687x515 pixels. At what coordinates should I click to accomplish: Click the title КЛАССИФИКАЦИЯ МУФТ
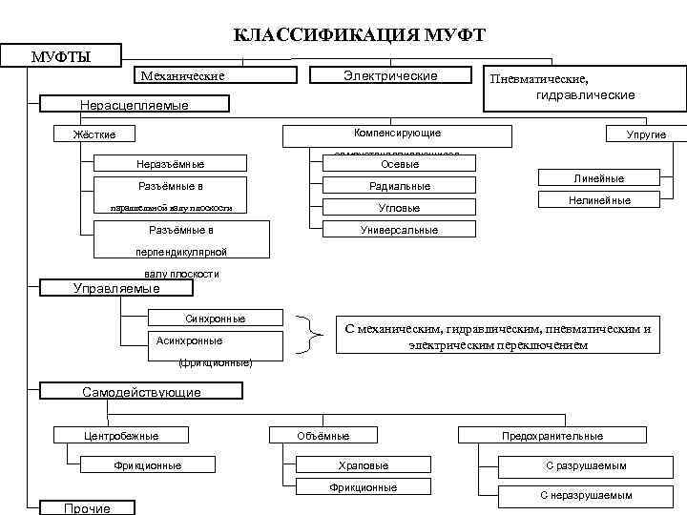360,35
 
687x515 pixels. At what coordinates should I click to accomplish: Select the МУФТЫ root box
61,56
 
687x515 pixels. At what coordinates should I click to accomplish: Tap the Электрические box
389,75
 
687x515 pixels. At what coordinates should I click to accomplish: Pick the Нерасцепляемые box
133,105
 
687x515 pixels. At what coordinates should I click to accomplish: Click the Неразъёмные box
171,164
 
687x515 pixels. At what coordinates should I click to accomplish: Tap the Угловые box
400,207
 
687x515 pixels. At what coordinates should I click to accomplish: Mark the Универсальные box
400,230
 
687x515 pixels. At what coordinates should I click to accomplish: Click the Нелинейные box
598,200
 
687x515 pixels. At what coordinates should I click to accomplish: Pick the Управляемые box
117,288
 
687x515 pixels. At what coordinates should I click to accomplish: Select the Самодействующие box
140,392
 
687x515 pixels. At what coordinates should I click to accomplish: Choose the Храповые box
363,465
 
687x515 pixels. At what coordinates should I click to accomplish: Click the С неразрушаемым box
585,495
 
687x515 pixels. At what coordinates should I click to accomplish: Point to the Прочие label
86,508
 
